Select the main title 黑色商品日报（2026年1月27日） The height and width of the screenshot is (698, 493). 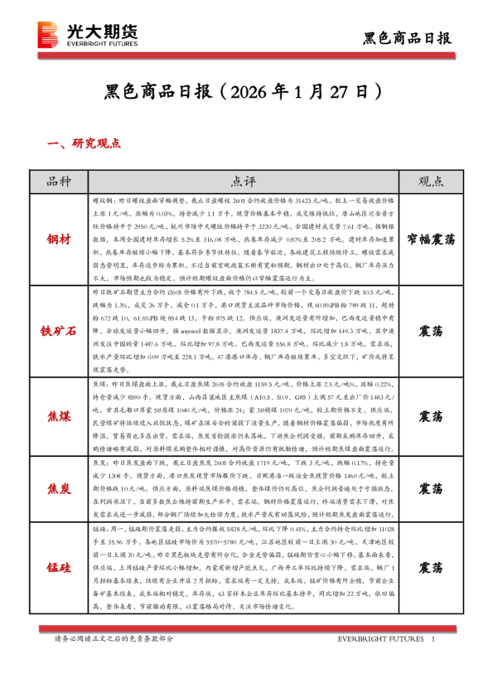click(x=245, y=90)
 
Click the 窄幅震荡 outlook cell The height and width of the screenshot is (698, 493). click(x=430, y=239)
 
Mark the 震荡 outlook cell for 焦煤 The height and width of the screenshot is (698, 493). click(x=430, y=415)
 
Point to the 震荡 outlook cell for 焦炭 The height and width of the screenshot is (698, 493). click(x=430, y=488)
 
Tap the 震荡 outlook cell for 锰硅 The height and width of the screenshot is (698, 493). click(x=430, y=568)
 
